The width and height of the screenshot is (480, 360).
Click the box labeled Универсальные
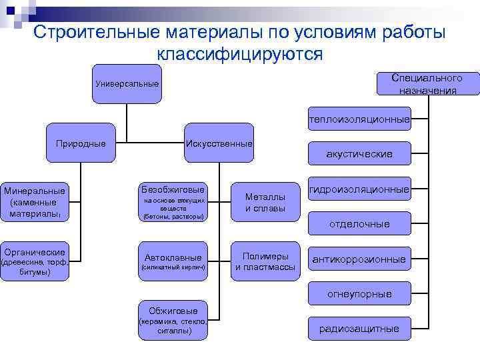pyautogui.click(x=127, y=84)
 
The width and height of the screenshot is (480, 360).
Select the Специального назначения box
pyautogui.click(x=427, y=84)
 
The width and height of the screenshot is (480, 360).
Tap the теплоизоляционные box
pyautogui.click(x=359, y=120)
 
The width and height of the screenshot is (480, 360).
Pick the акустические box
pyautogui.click(x=359, y=154)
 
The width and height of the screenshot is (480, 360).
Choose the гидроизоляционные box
pyautogui.click(x=359, y=190)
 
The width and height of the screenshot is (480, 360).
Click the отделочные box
pyautogui.click(x=359, y=224)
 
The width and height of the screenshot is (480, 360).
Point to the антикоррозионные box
pyautogui.click(x=359, y=259)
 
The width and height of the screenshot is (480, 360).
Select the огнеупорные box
pyautogui.click(x=359, y=294)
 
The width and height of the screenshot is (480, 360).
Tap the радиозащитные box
pyautogui.click(x=359, y=328)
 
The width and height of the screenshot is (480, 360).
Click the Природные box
pyautogui.click(x=81, y=143)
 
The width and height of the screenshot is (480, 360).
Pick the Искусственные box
pyautogui.click(x=219, y=143)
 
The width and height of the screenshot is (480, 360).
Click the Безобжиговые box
pyautogui.click(x=173, y=202)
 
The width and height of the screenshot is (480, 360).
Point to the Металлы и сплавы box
pyautogui.click(x=265, y=202)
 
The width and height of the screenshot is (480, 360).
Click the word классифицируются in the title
pyautogui.click(x=240, y=54)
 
